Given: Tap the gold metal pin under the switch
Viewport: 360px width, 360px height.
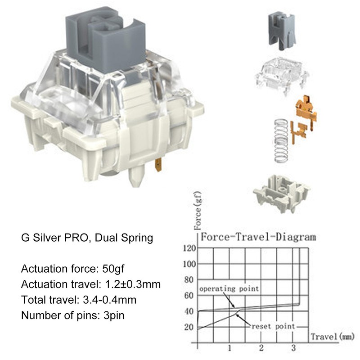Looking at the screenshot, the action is [x=158, y=165].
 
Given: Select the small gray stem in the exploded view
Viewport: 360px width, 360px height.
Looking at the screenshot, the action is [x=282, y=31].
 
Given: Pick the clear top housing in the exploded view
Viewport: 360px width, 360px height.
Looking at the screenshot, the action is [x=282, y=75].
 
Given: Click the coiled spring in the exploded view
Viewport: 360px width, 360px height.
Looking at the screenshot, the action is [x=281, y=140].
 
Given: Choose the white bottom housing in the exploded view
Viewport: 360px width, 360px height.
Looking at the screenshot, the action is [x=282, y=193].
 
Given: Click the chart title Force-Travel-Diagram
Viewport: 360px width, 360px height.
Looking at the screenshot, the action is [x=258, y=237].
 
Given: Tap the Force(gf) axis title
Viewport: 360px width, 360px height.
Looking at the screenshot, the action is [x=198, y=211].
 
